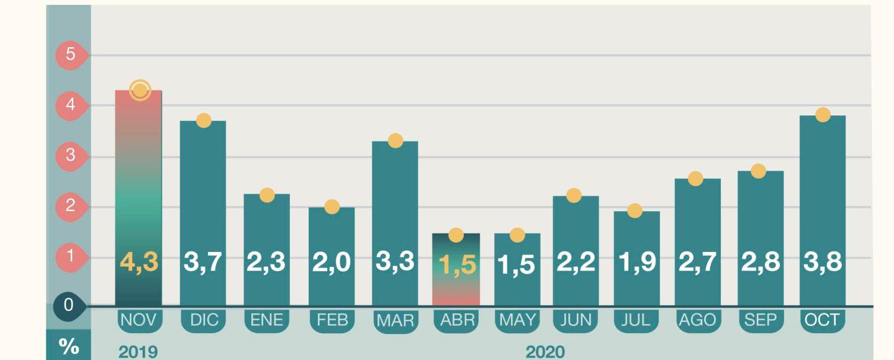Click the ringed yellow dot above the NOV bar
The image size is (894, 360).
point(140,91)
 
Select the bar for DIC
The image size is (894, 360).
point(203,186)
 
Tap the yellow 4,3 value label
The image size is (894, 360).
point(139,263)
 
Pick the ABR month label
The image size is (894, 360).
point(456,321)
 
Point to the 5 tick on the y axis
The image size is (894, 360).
point(71,55)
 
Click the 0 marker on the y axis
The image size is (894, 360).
point(68,305)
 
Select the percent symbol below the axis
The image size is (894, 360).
point(68,346)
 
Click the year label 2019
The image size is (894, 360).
point(138,353)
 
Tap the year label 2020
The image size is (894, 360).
point(545,353)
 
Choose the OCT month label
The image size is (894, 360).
point(822,320)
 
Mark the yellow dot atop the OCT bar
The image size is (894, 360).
point(823,115)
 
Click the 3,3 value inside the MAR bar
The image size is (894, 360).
point(395,262)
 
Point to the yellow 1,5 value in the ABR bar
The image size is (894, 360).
point(456,265)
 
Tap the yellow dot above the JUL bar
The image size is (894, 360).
point(634,211)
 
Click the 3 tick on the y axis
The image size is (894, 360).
point(71,155)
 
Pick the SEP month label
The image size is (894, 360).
point(761,320)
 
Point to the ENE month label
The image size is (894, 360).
point(267,320)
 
